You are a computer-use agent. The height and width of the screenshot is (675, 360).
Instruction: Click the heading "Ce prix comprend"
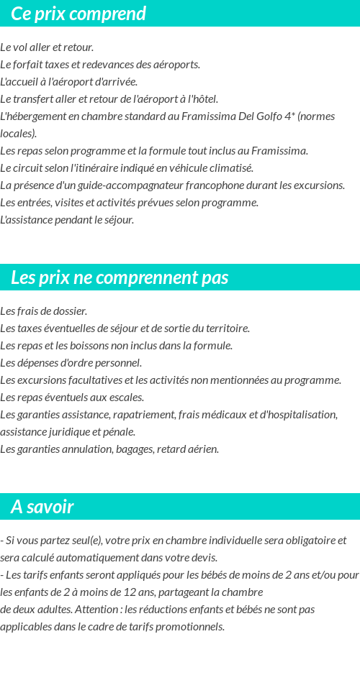pos(78,14)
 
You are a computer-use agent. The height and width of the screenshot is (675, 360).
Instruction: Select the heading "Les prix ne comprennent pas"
pos(120,277)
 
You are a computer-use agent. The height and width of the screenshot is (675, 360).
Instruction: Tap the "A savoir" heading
pos(42,507)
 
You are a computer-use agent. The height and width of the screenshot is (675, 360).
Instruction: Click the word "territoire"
pos(225,329)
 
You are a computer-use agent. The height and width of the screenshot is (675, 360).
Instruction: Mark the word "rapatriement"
pos(158,415)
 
